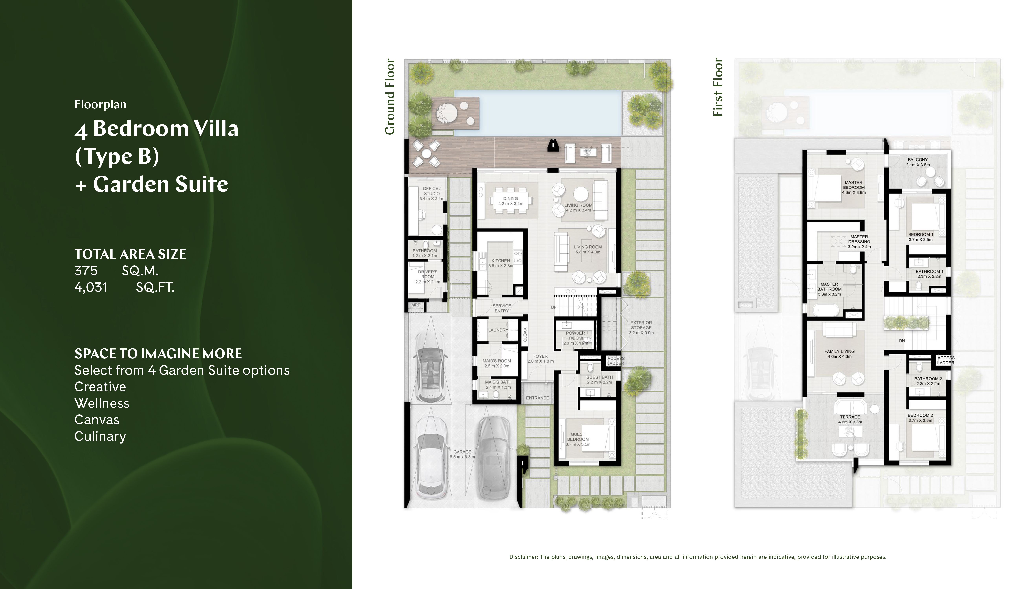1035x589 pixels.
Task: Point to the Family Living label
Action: pyautogui.click(x=839, y=354)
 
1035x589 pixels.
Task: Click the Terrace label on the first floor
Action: pyautogui.click(x=850, y=419)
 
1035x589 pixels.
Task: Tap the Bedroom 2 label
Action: pyautogui.click(x=920, y=417)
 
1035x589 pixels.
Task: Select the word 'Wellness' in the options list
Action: pyautogui.click(x=102, y=403)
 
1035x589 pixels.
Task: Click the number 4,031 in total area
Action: pyautogui.click(x=91, y=287)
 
